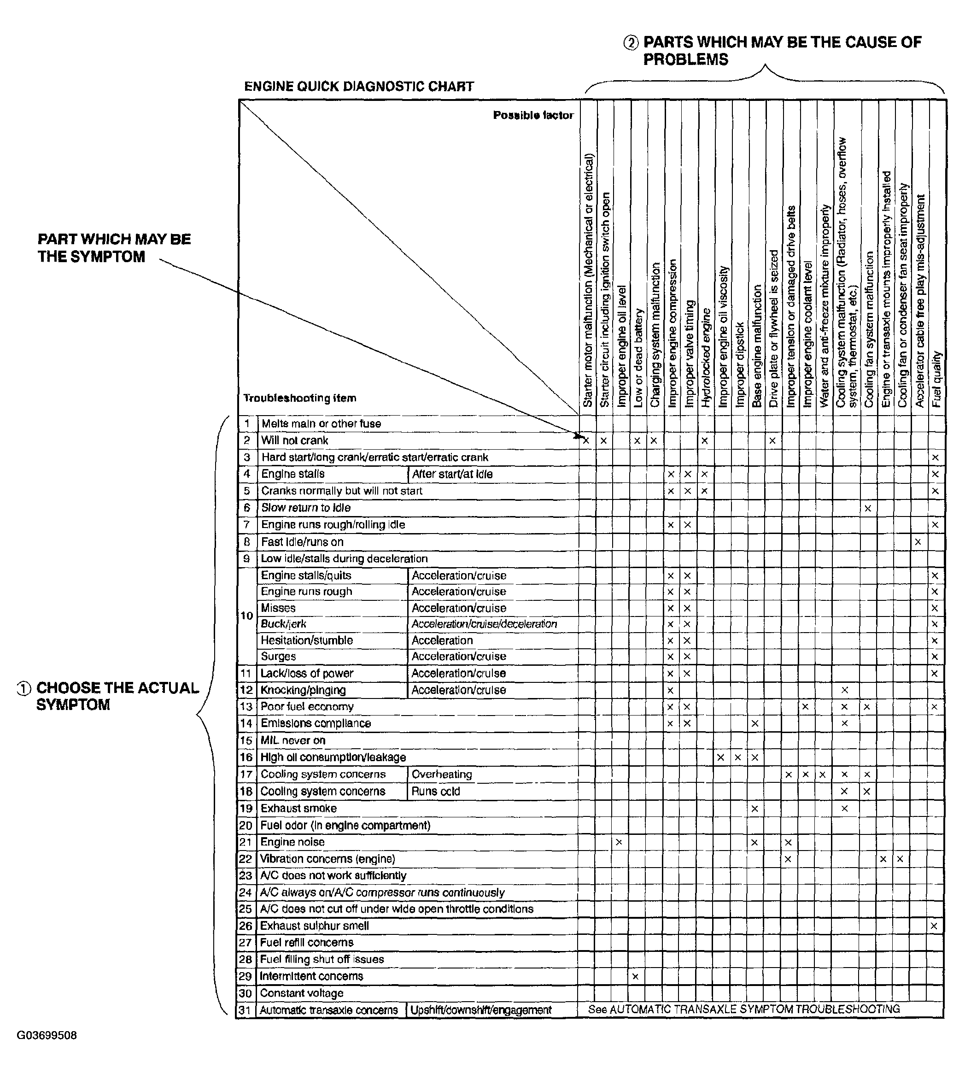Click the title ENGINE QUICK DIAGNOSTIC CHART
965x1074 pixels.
click(358, 87)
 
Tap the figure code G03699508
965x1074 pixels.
click(47, 1035)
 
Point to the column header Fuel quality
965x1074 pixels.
click(937, 379)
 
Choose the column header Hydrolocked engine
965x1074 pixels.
click(706, 358)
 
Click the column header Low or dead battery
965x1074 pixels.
click(638, 358)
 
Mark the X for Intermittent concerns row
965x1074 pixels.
click(635, 976)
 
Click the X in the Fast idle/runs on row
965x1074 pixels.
click(918, 542)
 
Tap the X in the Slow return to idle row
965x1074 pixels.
click(867, 509)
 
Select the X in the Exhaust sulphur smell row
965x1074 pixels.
click(934, 926)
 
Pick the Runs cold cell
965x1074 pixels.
click(435, 791)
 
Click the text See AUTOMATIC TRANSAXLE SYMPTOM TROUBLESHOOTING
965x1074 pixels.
click(743, 1009)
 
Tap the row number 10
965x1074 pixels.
click(246, 616)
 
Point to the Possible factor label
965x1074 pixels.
click(533, 115)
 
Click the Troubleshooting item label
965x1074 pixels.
click(299, 398)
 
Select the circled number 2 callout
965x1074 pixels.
click(631, 43)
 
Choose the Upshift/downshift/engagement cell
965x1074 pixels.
click(480, 1010)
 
